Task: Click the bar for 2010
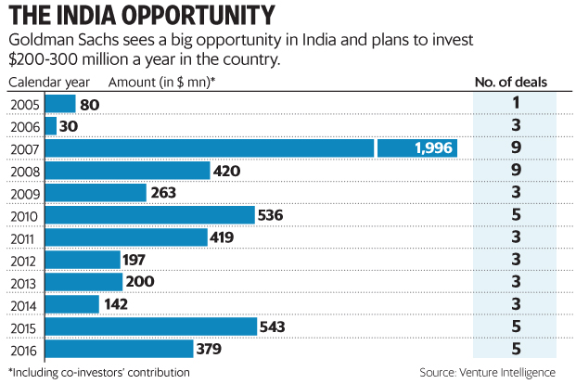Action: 149,215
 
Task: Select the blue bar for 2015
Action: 150,326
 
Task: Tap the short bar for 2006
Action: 50,126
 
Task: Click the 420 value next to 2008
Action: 226,171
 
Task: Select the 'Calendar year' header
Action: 47,82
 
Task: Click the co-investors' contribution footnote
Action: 99,372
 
